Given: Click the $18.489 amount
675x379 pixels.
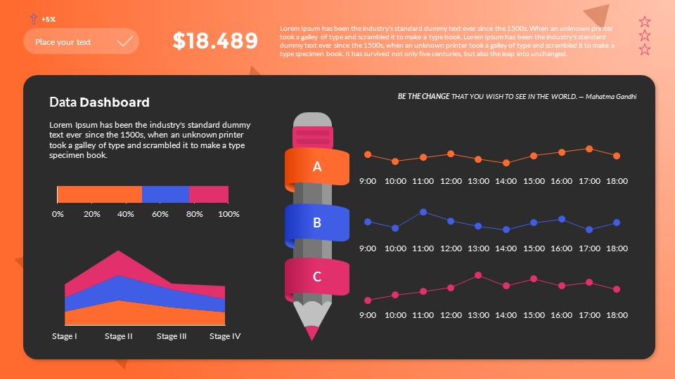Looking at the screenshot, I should pos(215,41).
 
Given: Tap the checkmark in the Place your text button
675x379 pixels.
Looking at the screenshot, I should pos(125,41).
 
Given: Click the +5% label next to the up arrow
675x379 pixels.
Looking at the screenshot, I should pos(49,19).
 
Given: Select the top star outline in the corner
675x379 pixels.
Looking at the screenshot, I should pos(645,22).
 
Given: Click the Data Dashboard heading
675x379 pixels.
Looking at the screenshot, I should pos(99,102).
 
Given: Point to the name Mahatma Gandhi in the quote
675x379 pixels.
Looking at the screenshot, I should pos(610,96).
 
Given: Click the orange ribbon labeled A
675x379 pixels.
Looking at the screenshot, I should pos(317,167).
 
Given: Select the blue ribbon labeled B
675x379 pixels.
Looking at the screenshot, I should pos(317,223).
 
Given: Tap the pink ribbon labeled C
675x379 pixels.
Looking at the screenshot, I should pos(317,277).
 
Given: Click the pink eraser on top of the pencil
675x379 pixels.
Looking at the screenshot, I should pos(312,132).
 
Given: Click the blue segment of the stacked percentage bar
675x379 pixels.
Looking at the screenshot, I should pos(165,194).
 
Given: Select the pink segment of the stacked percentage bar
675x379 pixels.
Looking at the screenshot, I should pos(209,194).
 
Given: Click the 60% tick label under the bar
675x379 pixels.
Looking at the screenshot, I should pos(160,214).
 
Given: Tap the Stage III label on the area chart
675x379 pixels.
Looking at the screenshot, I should pos(172,336).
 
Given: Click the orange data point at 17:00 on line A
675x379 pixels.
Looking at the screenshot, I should pos(589,149).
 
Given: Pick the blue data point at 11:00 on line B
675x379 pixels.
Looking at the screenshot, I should pos(423,211).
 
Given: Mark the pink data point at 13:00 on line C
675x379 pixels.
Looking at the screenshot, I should pos(478,275).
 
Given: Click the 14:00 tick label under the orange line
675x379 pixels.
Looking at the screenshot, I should pos(506,181).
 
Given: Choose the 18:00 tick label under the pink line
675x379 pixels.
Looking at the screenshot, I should pos(617,315).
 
